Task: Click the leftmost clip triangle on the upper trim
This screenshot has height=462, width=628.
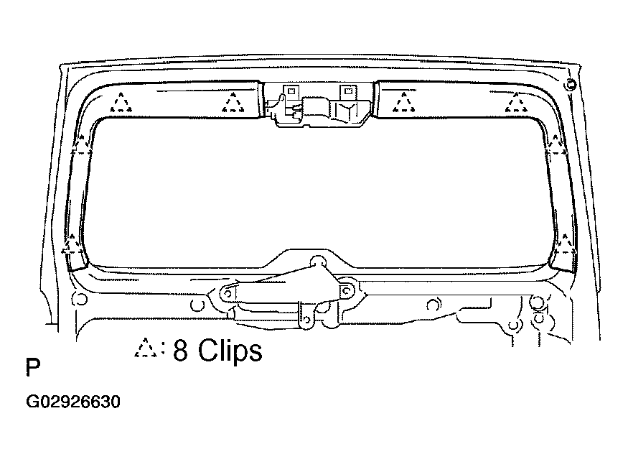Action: point(121,103)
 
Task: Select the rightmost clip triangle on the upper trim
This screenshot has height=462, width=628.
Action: point(516,103)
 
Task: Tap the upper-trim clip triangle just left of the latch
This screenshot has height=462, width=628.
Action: point(233,103)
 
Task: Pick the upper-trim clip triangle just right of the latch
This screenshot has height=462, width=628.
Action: point(403,103)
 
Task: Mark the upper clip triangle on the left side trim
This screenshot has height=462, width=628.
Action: point(81,145)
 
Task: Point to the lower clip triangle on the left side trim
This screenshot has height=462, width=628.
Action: point(72,244)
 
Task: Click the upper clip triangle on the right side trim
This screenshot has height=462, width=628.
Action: point(556,145)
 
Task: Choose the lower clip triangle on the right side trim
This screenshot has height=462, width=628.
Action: point(565,244)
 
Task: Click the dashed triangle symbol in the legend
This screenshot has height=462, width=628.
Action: point(146,348)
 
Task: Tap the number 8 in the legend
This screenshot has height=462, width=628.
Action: point(181,350)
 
